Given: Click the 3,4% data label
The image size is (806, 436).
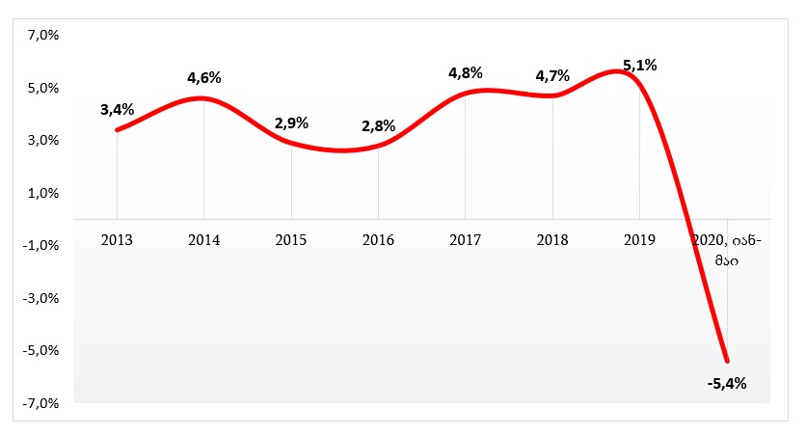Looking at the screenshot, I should [117, 109].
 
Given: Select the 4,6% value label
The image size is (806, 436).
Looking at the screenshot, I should [203, 77].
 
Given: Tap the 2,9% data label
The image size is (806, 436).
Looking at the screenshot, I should [291, 123].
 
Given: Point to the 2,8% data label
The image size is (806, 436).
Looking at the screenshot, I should [378, 125].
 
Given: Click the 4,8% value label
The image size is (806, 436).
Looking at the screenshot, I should [466, 72].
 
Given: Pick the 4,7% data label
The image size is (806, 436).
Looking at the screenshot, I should [552, 75].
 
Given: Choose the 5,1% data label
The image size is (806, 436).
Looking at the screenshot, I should [640, 66].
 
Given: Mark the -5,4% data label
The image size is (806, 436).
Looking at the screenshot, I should [727, 383].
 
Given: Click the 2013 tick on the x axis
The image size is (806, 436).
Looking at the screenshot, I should [117, 238].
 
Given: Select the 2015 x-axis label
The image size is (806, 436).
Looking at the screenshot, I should [291, 238].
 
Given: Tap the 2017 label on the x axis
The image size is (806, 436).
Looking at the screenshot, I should [466, 238].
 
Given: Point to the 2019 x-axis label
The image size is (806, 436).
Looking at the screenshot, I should [640, 238].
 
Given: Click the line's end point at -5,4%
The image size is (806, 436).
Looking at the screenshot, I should [727, 361].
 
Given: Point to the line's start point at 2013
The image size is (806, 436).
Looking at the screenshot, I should [117, 129].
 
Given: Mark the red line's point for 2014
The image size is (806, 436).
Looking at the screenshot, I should [203, 98].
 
